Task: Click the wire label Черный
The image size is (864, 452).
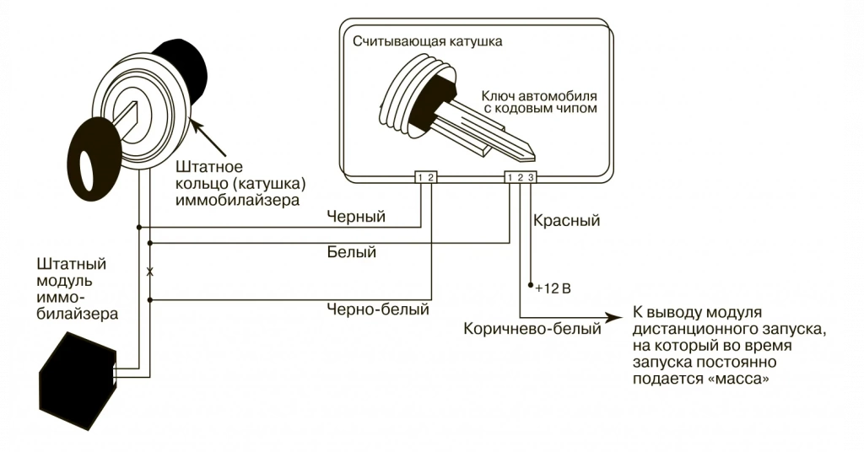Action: [x=356, y=217]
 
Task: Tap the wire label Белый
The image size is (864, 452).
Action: [x=352, y=252]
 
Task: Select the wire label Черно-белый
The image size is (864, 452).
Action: [x=378, y=309]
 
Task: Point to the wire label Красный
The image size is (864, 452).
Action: [x=566, y=221]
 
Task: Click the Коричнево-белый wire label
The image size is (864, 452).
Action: [x=532, y=329]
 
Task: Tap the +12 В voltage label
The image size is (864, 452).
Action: [x=553, y=288]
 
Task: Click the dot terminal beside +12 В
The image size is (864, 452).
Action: [x=531, y=286]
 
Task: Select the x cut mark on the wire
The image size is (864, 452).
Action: [x=149, y=272]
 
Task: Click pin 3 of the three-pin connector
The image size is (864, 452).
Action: [x=531, y=177]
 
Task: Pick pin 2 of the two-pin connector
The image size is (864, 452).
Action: [x=430, y=177]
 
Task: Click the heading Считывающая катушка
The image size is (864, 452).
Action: [x=428, y=42]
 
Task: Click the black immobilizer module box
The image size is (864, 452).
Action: [x=78, y=379]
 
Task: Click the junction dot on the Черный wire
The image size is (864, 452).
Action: [x=139, y=227]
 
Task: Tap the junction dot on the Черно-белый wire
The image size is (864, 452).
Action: [x=149, y=300]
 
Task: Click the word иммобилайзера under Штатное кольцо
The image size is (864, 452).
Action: [x=237, y=199]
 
